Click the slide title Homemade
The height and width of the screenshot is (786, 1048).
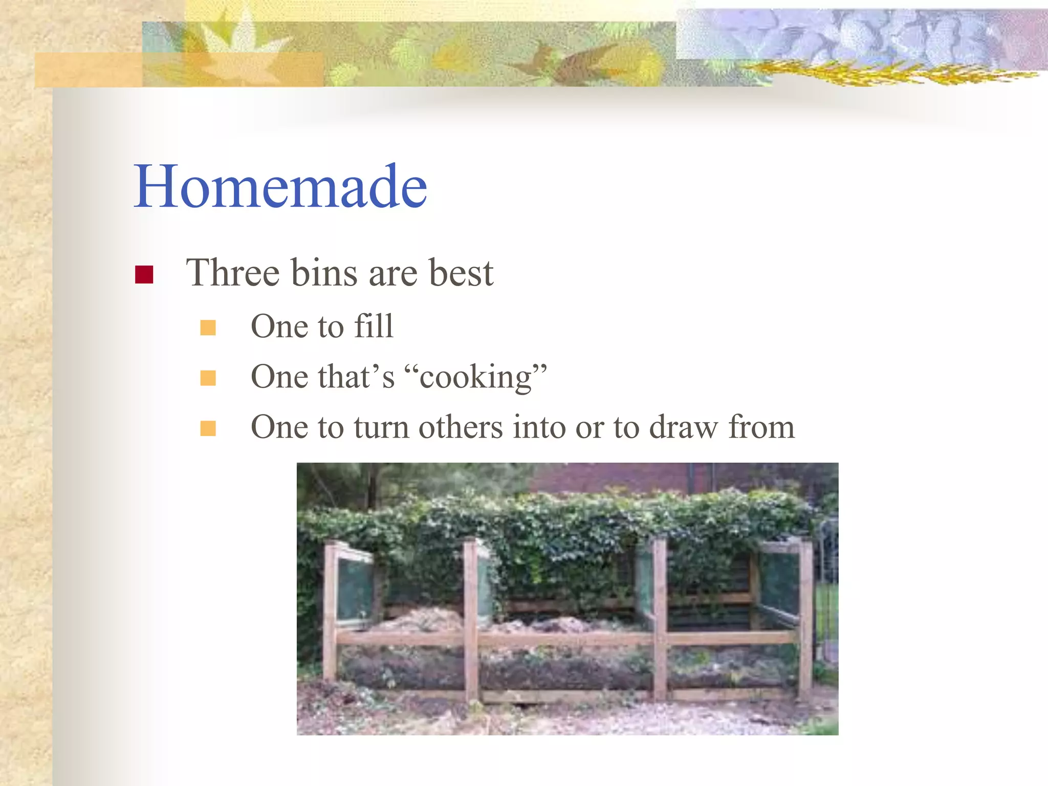(280, 186)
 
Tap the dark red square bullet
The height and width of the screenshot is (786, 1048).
(144, 275)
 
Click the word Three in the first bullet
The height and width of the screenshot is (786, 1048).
(233, 273)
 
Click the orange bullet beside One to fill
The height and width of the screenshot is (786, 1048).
(208, 327)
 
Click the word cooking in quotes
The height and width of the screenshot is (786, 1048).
(476, 378)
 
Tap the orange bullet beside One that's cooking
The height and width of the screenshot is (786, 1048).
(208, 378)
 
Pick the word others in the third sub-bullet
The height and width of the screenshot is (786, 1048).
(461, 427)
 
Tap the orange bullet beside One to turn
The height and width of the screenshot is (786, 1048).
(208, 428)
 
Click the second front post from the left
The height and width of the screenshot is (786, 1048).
(471, 619)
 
